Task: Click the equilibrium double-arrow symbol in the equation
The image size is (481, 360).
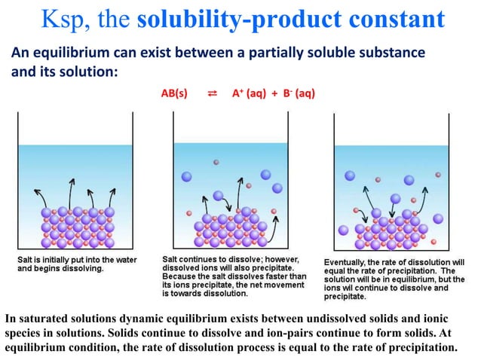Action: pyautogui.click(x=212, y=93)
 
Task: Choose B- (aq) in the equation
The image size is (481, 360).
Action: pyautogui.click(x=297, y=93)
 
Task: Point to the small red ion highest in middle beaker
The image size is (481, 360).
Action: pyautogui.click(x=217, y=162)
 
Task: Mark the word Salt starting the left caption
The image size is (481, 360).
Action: pyautogui.click(x=27, y=259)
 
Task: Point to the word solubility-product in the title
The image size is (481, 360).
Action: pyautogui.click(x=231, y=20)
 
